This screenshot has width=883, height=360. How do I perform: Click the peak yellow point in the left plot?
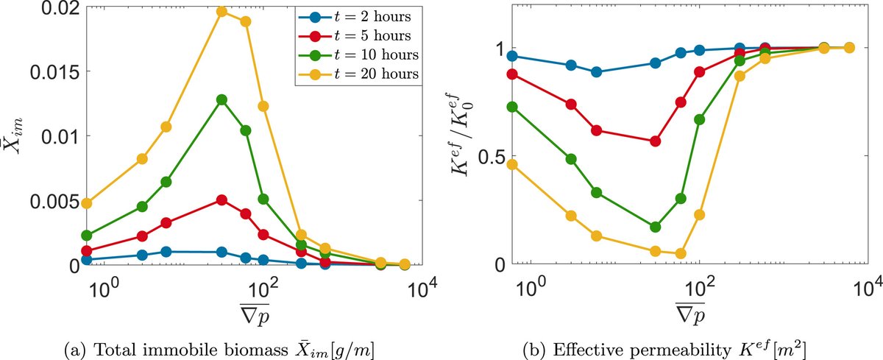pyautogui.click(x=222, y=12)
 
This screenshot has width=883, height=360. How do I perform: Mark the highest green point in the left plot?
pyautogui.click(x=222, y=99)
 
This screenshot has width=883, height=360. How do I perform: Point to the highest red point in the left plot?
pyautogui.click(x=222, y=200)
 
